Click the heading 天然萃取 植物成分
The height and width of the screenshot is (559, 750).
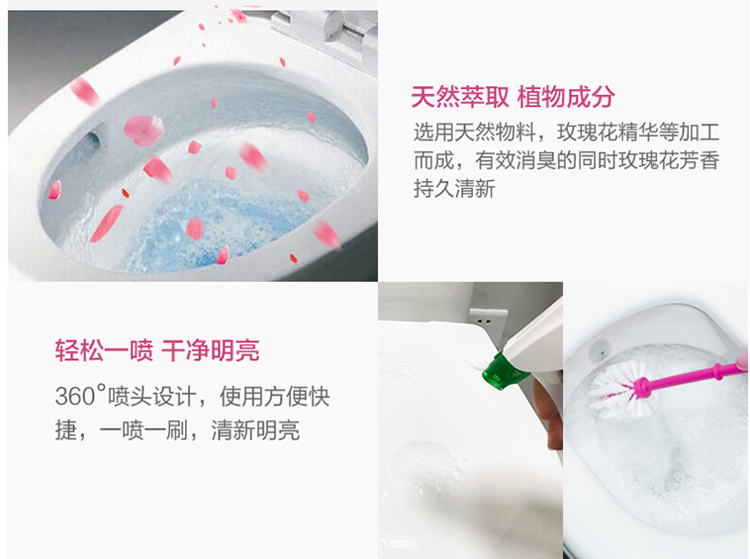[513, 97]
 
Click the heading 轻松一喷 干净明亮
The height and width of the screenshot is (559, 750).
[157, 350]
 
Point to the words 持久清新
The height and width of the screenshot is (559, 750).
[454, 188]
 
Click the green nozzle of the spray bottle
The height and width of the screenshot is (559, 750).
[504, 371]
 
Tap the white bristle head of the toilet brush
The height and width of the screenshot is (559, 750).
[614, 388]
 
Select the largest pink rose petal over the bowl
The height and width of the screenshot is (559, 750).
[144, 130]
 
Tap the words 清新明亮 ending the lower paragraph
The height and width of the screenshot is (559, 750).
[256, 430]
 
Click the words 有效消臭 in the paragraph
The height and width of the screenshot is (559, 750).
[516, 160]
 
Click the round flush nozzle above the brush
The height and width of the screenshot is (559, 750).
[600, 349]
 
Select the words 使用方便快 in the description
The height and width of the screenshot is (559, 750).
[274, 397]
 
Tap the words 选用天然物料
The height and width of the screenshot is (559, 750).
[475, 132]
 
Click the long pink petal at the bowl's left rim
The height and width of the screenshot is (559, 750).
[106, 223]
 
